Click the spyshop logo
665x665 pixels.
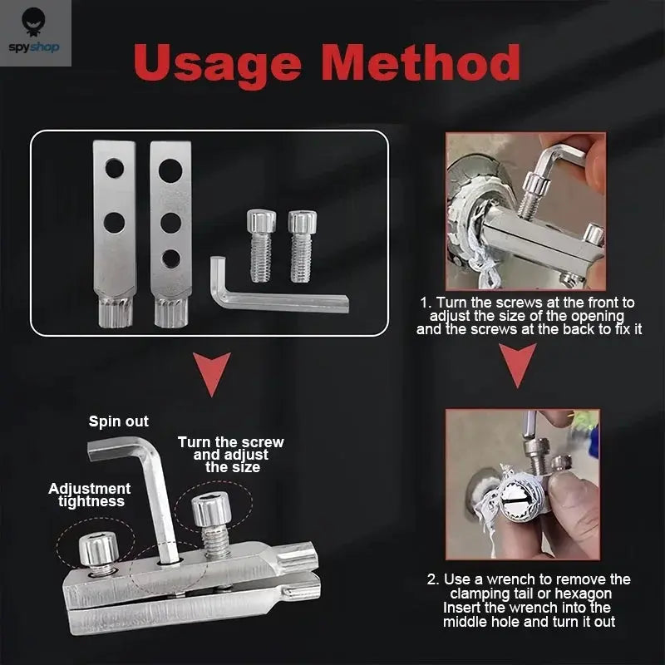(36, 32)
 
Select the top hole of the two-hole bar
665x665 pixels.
(115, 169)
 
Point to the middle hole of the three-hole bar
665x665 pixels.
(170, 222)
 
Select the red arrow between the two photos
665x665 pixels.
(518, 365)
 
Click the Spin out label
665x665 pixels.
(119, 421)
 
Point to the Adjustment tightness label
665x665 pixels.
(90, 495)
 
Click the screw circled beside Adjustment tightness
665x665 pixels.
(97, 552)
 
